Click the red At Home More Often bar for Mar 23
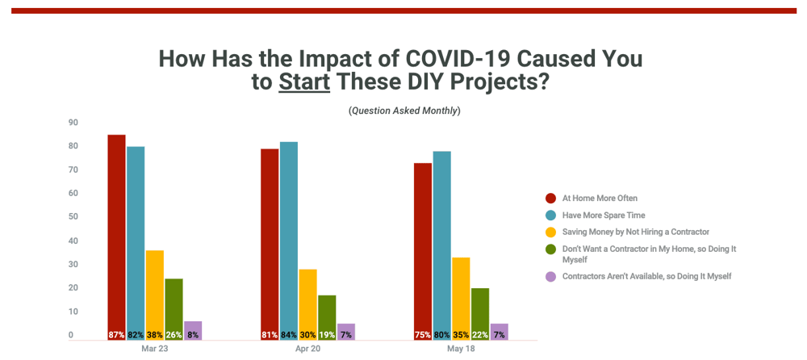(x=116, y=234)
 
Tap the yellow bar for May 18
(x=461, y=295)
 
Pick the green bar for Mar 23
(x=174, y=307)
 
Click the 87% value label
(x=116, y=335)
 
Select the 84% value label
(x=288, y=335)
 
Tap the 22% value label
(x=479, y=335)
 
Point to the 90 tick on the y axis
(x=73, y=123)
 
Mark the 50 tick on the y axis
(x=73, y=217)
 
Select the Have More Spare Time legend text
(x=604, y=216)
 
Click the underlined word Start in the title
(x=304, y=82)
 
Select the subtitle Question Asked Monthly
(x=404, y=111)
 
